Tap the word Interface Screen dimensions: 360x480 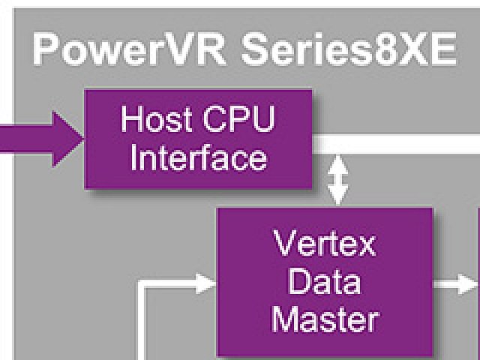tap(198, 158)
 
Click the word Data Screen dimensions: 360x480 tap(325, 281)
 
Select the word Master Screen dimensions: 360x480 tap(325, 319)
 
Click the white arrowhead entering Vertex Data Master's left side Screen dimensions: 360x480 tap(205, 283)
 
